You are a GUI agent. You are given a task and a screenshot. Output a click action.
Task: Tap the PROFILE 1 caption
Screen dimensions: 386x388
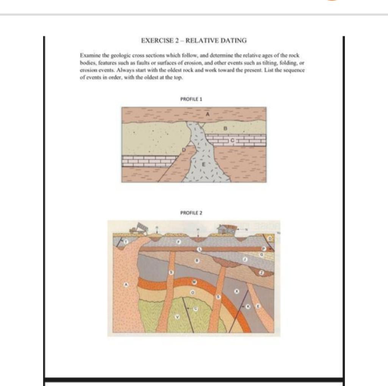tap(191, 99)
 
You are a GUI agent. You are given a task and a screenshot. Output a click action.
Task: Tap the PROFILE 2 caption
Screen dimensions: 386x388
tap(191, 213)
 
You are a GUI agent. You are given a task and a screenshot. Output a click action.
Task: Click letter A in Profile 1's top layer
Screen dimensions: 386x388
tap(207, 114)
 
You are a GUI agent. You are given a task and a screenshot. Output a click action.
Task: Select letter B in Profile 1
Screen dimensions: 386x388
tap(225, 129)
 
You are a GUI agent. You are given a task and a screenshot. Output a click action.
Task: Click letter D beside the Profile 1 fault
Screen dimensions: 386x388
tap(184, 150)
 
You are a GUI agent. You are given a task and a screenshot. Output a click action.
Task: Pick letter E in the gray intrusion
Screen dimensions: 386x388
tap(203, 164)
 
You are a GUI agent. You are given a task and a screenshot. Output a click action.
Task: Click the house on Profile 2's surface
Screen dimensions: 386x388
tap(226, 229)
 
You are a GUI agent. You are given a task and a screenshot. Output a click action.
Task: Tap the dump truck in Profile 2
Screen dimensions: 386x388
tap(139, 228)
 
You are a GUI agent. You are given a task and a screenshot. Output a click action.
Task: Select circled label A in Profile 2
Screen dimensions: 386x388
tap(127, 284)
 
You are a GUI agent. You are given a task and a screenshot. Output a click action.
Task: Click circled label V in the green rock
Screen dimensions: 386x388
tap(177, 317)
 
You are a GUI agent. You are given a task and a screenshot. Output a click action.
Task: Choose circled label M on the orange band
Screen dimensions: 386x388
tap(194, 282)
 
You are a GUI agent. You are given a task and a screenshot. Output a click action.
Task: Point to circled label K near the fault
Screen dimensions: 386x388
tap(249, 306)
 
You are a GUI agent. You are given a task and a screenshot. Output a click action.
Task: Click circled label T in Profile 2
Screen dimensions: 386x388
tap(126, 241)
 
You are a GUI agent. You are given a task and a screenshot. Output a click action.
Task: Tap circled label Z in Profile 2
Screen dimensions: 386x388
tap(261, 273)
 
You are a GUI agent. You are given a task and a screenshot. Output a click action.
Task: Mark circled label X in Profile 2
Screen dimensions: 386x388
tap(237, 291)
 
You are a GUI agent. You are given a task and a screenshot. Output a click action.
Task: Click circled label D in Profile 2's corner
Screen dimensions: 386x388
tap(270, 239)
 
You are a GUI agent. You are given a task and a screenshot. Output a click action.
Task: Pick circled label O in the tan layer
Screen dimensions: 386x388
tap(192, 293)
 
